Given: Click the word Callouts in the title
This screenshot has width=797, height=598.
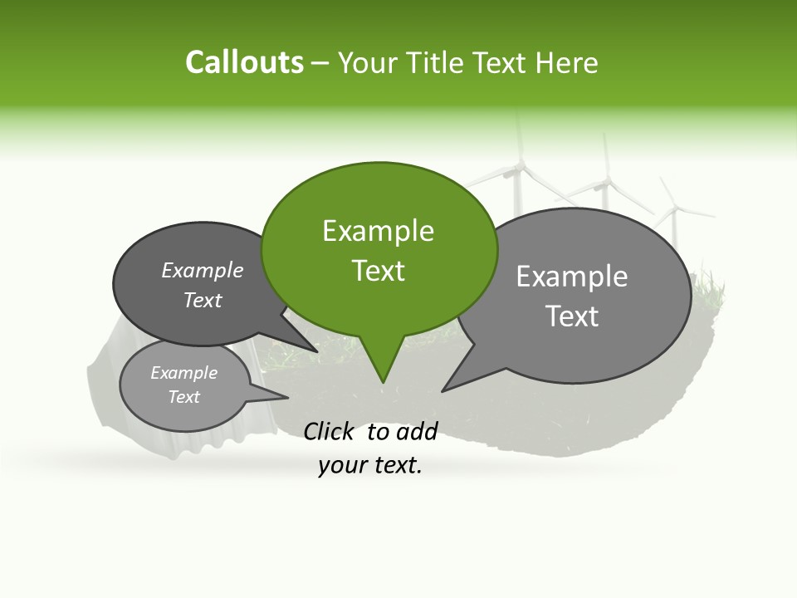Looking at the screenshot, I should (x=244, y=62).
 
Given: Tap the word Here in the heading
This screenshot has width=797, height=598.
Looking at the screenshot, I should (x=568, y=62).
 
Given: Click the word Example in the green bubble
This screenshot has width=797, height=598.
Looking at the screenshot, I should (x=378, y=231).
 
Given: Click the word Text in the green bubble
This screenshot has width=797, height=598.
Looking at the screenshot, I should (x=379, y=271).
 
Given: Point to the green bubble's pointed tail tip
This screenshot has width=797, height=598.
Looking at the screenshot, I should (x=383, y=383).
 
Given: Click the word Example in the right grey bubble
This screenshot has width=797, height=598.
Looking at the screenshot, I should (x=572, y=277).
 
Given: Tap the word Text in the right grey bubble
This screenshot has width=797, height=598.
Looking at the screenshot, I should (x=572, y=316).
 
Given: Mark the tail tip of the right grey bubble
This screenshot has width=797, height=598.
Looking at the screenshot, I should (x=442, y=391).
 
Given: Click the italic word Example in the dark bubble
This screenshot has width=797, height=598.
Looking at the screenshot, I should (x=202, y=271).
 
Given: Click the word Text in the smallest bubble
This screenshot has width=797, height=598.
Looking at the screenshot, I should (x=184, y=397).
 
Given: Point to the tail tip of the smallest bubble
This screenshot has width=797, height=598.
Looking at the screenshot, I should (x=289, y=398).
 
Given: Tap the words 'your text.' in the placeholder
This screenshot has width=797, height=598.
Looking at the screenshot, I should (x=370, y=466).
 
